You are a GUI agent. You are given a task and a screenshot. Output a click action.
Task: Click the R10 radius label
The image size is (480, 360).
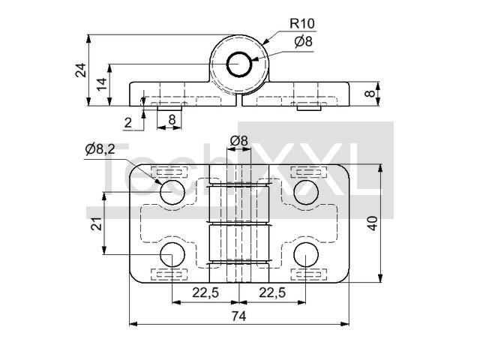[301, 23]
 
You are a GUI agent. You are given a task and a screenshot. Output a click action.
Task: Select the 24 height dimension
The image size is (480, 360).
[81, 70]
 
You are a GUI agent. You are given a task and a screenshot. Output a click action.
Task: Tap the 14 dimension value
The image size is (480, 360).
[102, 84]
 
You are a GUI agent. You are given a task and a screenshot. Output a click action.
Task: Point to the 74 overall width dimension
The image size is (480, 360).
[238, 316]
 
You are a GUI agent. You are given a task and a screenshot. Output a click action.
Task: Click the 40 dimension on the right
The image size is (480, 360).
[373, 223]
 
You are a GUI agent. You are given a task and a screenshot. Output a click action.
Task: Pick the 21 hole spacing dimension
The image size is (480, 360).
[97, 223]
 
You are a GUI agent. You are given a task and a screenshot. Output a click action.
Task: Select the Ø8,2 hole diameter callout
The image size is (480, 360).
[100, 149]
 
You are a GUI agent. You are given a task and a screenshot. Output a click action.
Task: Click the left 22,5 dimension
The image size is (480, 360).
[205, 292]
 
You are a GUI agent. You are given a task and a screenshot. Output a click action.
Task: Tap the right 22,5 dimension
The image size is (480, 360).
[272, 292]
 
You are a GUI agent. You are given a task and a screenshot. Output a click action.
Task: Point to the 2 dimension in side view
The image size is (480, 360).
[128, 123]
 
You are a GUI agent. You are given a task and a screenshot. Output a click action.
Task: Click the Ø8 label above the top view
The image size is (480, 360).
[238, 140]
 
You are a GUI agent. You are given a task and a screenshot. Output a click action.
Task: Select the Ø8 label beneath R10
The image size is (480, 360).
[303, 41]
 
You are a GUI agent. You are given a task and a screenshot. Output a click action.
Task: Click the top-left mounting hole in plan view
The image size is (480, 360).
[172, 192]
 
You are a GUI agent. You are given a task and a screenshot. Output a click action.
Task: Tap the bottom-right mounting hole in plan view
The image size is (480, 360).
[306, 254]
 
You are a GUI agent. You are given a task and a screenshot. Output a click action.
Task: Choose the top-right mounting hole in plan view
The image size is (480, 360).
[306, 192]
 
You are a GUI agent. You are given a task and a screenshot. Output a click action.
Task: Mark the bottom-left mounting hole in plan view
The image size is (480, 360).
[172, 254]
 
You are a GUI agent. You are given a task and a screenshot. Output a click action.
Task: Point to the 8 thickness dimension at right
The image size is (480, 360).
[370, 94]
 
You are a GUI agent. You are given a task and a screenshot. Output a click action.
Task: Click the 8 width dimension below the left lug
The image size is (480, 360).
[172, 120]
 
